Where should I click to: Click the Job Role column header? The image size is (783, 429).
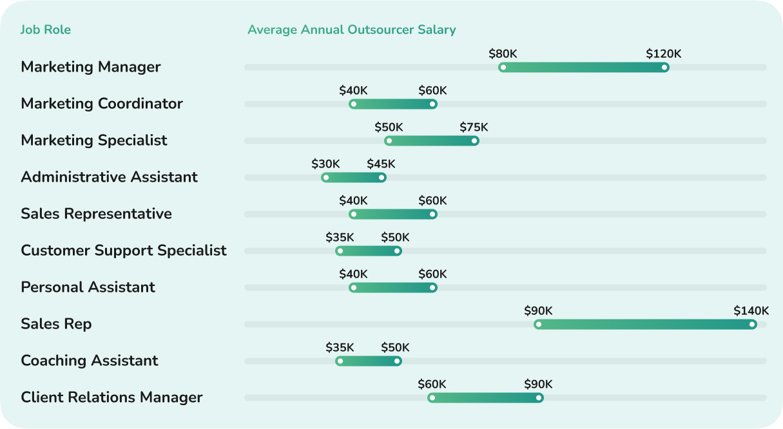pyautogui.click(x=46, y=30)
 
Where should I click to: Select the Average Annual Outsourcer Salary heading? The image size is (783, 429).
pyautogui.click(x=351, y=30)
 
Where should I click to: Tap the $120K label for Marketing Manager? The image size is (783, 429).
pyautogui.click(x=663, y=54)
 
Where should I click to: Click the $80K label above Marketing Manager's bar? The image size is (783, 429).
pyautogui.click(x=503, y=54)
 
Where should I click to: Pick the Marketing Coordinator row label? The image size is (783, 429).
pyautogui.click(x=102, y=104)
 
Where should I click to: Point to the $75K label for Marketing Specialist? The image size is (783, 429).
pyautogui.click(x=474, y=128)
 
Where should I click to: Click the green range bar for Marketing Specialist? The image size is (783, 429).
pyautogui.click(x=431, y=141)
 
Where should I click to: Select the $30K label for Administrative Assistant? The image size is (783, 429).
pyautogui.click(x=325, y=164)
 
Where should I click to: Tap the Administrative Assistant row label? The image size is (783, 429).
pyautogui.click(x=109, y=177)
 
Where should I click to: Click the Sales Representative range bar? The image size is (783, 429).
pyautogui.click(x=393, y=214)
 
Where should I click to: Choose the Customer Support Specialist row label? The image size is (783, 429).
pyautogui.click(x=124, y=251)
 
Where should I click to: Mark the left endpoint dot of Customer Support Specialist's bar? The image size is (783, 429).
pyautogui.click(x=340, y=251)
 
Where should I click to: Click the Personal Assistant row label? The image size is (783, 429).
pyautogui.click(x=88, y=287)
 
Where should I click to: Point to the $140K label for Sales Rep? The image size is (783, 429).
pyautogui.click(x=751, y=311)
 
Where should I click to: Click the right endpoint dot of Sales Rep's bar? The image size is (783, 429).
pyautogui.click(x=751, y=325)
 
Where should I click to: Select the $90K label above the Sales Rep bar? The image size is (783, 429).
pyautogui.click(x=538, y=311)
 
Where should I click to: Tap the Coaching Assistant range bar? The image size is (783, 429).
pyautogui.click(x=369, y=361)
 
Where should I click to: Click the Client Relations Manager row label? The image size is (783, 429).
pyautogui.click(x=111, y=397)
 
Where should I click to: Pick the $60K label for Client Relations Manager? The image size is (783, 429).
pyautogui.click(x=432, y=385)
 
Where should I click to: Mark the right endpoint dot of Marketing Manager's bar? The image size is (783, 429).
pyautogui.click(x=664, y=68)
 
